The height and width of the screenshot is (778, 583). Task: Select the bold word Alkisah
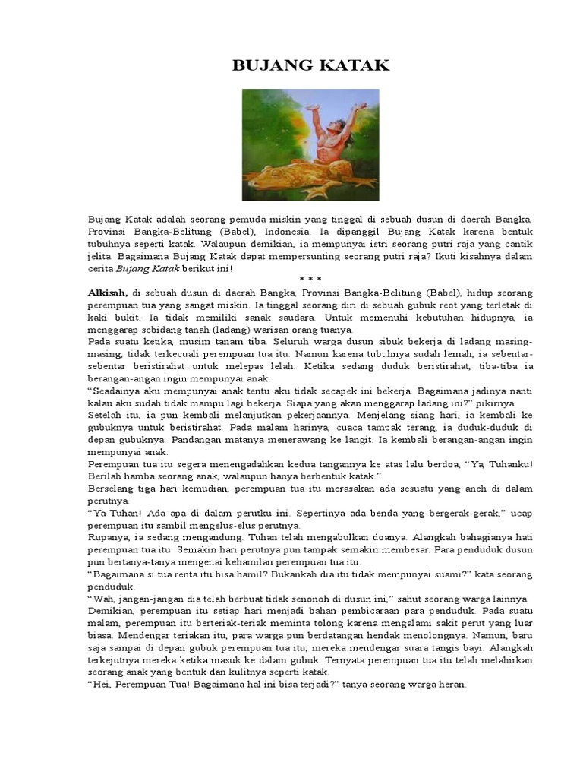[x=109, y=292]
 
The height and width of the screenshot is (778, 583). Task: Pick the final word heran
[x=451, y=684]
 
